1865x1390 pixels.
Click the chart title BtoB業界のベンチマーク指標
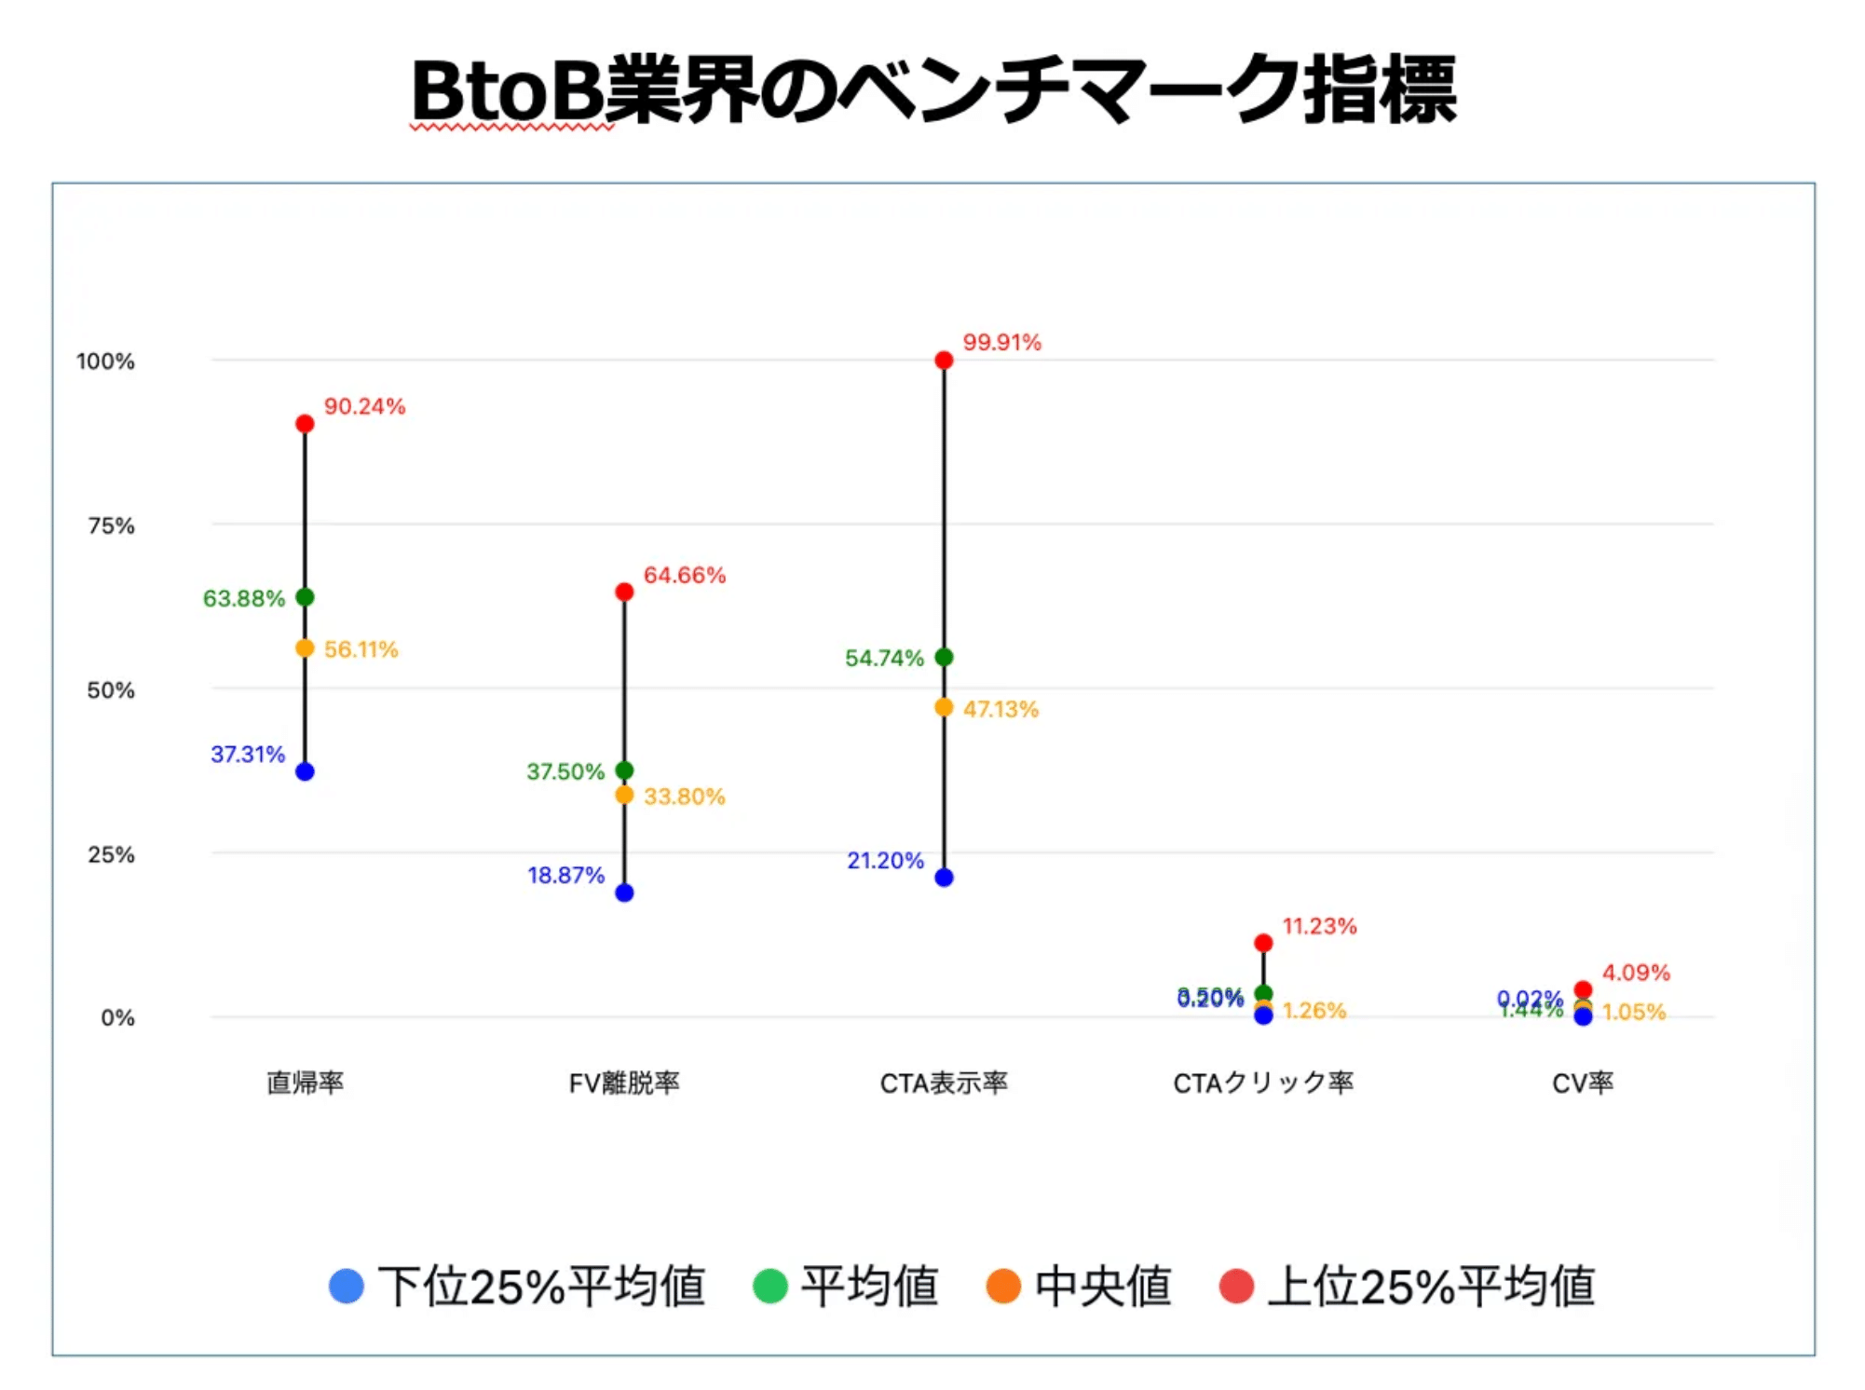pos(933,90)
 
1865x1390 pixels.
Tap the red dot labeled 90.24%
pos(305,424)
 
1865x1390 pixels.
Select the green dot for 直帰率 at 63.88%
pos(305,597)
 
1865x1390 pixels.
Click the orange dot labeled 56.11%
pos(305,648)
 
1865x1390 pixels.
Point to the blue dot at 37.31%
pos(305,771)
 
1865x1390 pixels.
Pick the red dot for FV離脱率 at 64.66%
pos(624,593)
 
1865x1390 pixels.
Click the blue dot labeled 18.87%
pos(624,893)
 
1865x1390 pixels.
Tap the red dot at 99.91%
pos(944,361)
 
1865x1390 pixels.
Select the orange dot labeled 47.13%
pos(944,708)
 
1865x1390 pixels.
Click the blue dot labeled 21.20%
pos(944,878)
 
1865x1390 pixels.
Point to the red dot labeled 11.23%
pos(1263,944)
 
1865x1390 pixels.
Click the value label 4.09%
pos(1636,973)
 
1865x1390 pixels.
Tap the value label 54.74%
pos(884,659)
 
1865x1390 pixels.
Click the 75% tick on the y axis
pos(111,526)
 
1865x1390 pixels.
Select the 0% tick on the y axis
pos(117,1018)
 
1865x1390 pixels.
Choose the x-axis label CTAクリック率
pos(1263,1083)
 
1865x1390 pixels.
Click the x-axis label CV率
pos(1583,1083)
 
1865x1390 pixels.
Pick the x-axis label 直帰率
pos(305,1083)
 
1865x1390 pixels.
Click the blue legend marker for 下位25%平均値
pos(347,1287)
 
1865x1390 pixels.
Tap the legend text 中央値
pos(1103,1287)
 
